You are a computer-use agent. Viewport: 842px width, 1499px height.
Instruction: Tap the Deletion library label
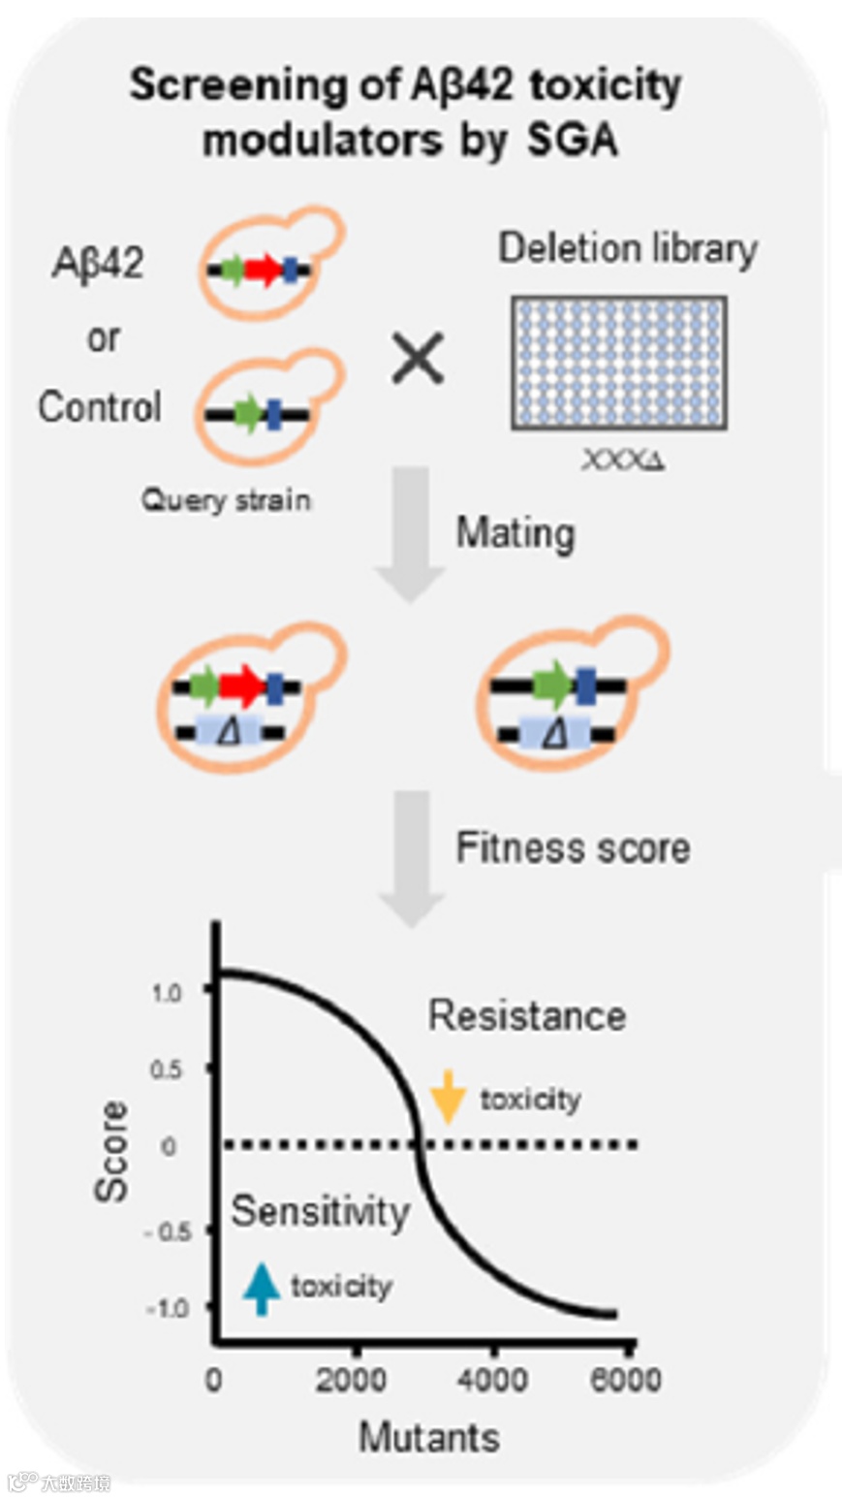pos(627,249)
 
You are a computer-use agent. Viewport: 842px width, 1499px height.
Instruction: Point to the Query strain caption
pos(227,500)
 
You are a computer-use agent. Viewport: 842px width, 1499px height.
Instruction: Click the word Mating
pos(515,533)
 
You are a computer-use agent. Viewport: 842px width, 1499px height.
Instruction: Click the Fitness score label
pos(574,848)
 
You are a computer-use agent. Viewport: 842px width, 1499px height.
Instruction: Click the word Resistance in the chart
pos(527,1015)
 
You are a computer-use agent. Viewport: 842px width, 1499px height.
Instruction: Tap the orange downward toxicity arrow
pos(448,1097)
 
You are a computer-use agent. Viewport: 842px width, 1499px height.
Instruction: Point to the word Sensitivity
pos(321,1212)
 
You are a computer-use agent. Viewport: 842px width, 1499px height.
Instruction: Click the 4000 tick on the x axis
pos(494,1380)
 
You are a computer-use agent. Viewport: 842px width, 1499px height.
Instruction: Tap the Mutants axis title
pos(429,1437)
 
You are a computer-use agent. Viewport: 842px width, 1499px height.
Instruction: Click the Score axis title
pos(112,1151)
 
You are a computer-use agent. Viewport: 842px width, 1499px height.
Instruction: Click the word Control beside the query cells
pos(100,407)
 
